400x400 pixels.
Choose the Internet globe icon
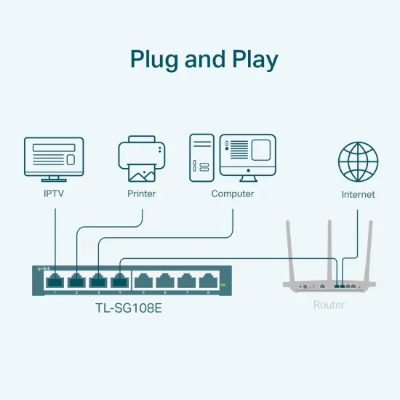[358, 162]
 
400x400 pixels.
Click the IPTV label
[55, 194]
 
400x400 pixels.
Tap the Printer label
[142, 194]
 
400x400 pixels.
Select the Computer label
[233, 194]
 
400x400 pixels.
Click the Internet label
[358, 195]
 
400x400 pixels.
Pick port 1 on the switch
[55, 280]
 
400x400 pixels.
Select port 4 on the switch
[119, 280]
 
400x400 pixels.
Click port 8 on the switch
[208, 280]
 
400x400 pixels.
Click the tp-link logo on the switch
[43, 269]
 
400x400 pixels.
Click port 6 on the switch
[164, 280]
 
